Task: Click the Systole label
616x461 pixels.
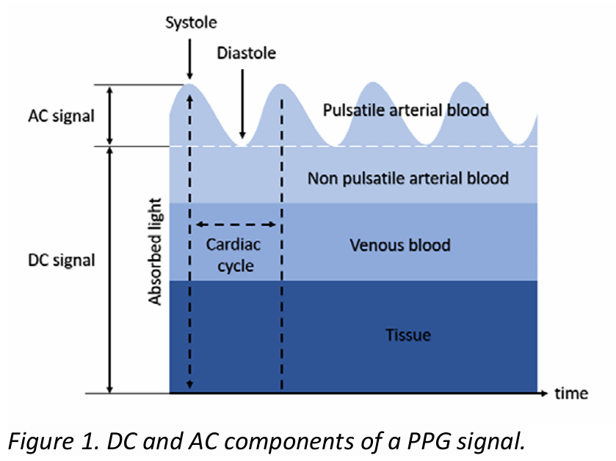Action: pyautogui.click(x=190, y=23)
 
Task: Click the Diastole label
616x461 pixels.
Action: pyautogui.click(x=244, y=54)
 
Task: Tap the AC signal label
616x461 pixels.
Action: pyautogui.click(x=62, y=117)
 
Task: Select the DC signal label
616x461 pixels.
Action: pyautogui.click(x=62, y=261)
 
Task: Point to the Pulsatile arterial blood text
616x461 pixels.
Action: pyautogui.click(x=406, y=111)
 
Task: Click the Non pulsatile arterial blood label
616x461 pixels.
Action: pyautogui.click(x=408, y=178)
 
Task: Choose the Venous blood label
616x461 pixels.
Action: pyautogui.click(x=400, y=244)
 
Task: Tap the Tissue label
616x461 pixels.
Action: pyautogui.click(x=408, y=336)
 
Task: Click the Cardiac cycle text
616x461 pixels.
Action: pyautogui.click(x=235, y=255)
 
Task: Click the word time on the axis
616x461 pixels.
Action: pyautogui.click(x=571, y=394)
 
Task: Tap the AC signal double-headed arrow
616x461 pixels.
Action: pyautogui.click(x=110, y=115)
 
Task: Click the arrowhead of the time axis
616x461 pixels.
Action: pyautogui.click(x=544, y=394)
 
